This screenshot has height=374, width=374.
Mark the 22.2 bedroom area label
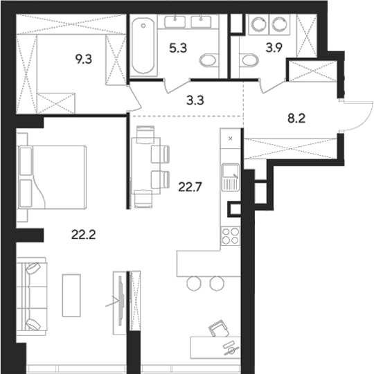point(82,234)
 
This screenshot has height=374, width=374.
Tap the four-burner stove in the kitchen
point(231,235)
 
